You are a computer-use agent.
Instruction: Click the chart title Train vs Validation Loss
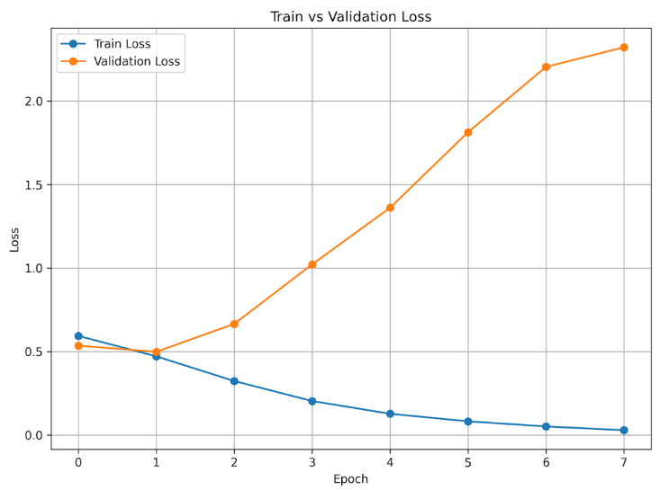tap(350, 17)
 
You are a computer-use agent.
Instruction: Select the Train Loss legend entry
tap(105, 44)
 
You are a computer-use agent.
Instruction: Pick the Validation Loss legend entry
tap(121, 61)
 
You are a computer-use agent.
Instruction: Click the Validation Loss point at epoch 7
tap(624, 48)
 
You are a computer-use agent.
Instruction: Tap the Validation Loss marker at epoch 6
tap(546, 67)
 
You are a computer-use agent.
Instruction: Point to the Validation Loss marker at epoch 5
tap(468, 132)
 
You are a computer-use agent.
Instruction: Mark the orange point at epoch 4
tap(390, 208)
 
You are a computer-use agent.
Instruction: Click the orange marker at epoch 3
tap(312, 264)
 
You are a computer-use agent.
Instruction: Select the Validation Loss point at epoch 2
tap(234, 324)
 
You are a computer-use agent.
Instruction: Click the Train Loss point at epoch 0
tap(78, 335)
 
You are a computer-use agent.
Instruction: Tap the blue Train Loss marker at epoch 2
tap(234, 381)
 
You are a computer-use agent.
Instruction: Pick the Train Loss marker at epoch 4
tap(390, 414)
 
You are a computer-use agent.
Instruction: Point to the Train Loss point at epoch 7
tap(624, 431)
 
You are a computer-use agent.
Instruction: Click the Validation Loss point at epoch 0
tap(78, 346)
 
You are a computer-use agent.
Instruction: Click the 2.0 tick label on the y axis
tap(33, 102)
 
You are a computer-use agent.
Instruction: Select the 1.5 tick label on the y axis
tap(33, 185)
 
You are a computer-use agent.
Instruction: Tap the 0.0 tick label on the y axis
tap(33, 435)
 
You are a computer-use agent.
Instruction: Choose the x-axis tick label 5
tap(468, 463)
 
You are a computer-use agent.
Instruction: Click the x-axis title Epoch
tap(350, 479)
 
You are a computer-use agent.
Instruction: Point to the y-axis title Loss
tap(14, 240)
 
